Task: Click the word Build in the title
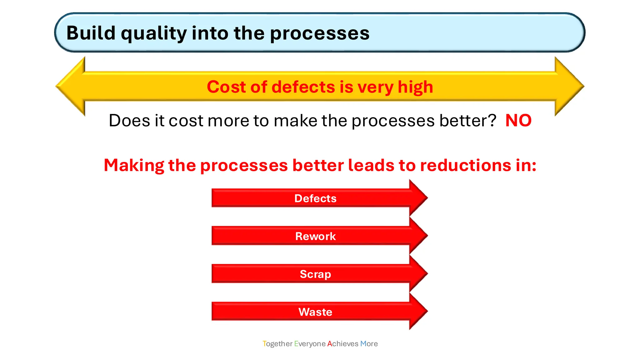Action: [91, 33]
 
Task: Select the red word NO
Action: [518, 121]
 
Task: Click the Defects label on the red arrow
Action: [315, 198]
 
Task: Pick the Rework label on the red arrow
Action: [315, 236]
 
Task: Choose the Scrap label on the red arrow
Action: [315, 274]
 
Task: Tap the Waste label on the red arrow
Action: [315, 312]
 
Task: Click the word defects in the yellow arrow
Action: [303, 87]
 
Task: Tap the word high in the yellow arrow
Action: [415, 87]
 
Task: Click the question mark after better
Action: [492, 120]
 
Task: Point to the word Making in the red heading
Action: [134, 165]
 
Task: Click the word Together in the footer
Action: [277, 344]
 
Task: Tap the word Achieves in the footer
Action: [342, 344]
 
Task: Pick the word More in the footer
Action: [369, 344]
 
